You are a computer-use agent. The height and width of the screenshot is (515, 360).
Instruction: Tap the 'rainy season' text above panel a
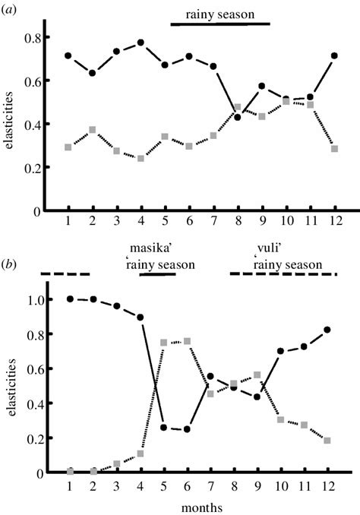coord(220,13)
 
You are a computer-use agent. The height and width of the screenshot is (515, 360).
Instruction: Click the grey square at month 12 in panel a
coord(335,148)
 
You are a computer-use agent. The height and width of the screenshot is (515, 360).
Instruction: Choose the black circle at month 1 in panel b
coord(69,299)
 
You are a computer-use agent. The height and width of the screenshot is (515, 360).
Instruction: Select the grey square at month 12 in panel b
coord(335,441)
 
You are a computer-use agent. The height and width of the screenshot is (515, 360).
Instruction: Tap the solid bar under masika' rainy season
coord(158,274)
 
